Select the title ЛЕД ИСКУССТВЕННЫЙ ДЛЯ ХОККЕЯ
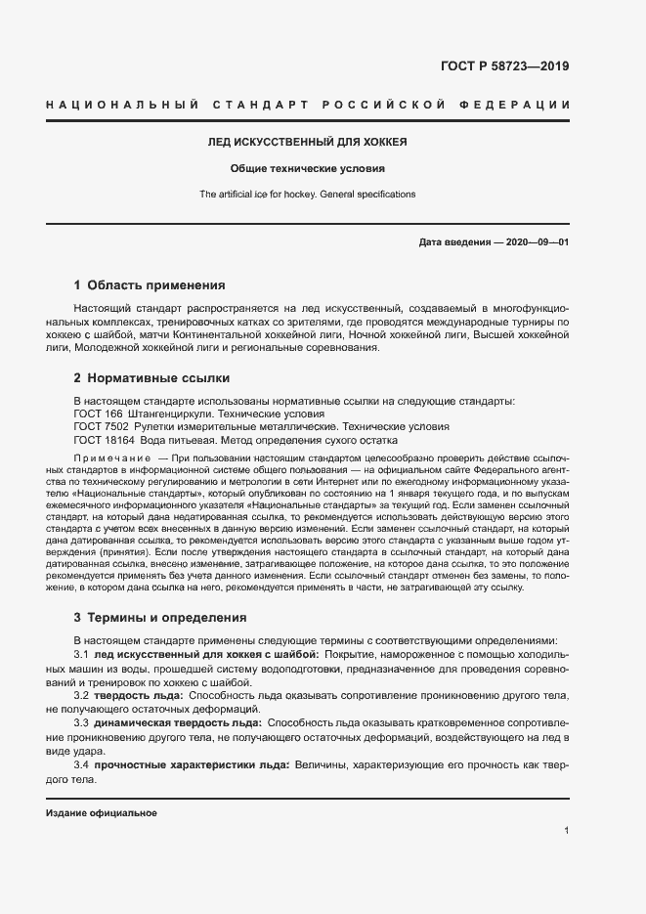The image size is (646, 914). click(x=308, y=143)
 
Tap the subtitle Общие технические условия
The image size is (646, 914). click(x=308, y=168)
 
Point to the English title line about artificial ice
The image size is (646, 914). click(x=308, y=194)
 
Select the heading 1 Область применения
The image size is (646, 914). click(x=150, y=285)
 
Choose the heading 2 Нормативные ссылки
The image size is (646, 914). click(x=151, y=378)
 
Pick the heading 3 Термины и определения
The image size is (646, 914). click(x=160, y=618)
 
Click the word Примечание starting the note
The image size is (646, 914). click(x=111, y=458)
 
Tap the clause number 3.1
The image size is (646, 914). click(x=82, y=653)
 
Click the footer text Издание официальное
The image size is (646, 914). click(x=101, y=813)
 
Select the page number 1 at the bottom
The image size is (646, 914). click(x=567, y=831)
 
